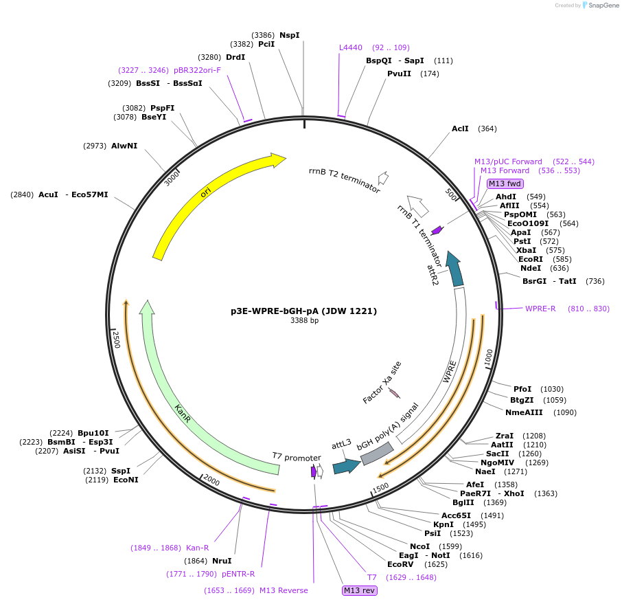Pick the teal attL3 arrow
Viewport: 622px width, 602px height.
pyautogui.click(x=346, y=466)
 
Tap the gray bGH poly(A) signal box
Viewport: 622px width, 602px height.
pyautogui.click(x=377, y=453)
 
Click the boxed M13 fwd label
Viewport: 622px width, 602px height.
pyautogui.click(x=505, y=183)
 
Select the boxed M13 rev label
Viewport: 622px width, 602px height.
pyautogui.click(x=360, y=590)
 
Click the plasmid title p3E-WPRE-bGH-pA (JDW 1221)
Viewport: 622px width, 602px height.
pyautogui.click(x=304, y=311)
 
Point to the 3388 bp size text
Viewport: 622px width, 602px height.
pyautogui.click(x=304, y=320)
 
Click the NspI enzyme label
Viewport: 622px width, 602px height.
pyautogui.click(x=289, y=35)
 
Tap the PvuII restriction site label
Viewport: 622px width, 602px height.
pyautogui.click(x=399, y=74)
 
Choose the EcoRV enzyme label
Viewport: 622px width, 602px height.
pyautogui.click(x=400, y=564)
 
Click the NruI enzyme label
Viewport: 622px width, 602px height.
pyautogui.click(x=222, y=561)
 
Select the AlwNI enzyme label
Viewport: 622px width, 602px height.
pyautogui.click(x=124, y=146)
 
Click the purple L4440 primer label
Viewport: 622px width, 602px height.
pyautogui.click(x=351, y=47)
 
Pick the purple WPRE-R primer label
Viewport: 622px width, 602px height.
pyautogui.click(x=540, y=309)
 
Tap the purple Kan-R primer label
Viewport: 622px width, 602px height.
pyautogui.click(x=197, y=548)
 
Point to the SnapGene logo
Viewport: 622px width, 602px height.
pyautogui.click(x=597, y=5)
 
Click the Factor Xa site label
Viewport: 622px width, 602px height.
pyautogui.click(x=382, y=383)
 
